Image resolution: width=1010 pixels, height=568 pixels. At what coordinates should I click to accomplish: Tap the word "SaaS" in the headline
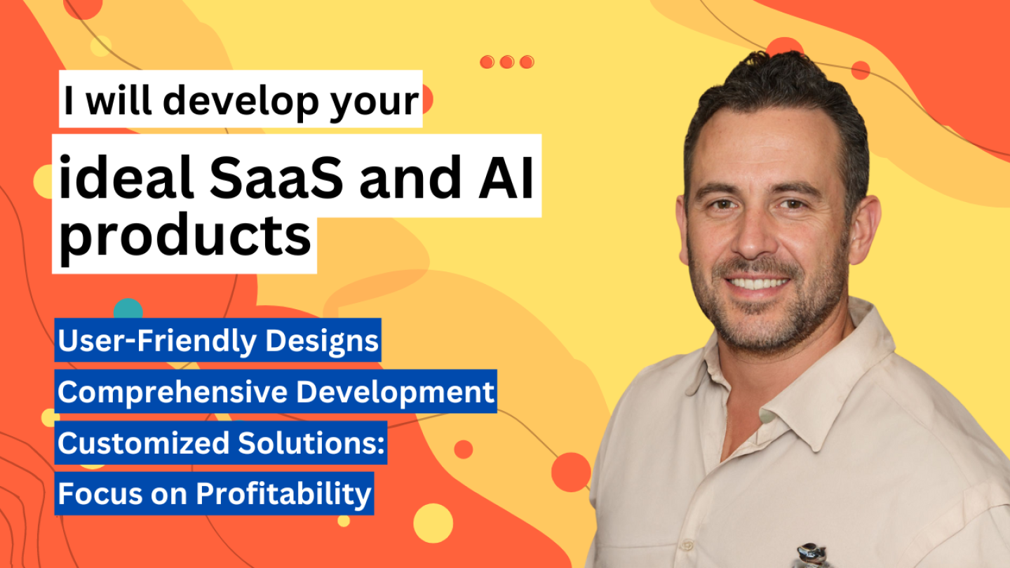pos(276,177)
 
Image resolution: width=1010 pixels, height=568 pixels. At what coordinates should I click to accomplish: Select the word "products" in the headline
pos(185,237)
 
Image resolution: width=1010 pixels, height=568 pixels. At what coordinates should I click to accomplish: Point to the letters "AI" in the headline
pos(506,177)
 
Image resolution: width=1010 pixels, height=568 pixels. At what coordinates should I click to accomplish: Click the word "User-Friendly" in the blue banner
pos(157,340)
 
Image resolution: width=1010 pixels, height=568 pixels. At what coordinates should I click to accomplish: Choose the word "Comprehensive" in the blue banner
pos(173,392)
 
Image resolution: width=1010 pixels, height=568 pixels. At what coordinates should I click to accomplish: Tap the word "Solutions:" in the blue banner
pos(311,442)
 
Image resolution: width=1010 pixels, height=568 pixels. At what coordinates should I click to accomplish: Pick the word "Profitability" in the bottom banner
pos(283,494)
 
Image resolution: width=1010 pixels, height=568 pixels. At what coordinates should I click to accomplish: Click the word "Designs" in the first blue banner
pos(321,340)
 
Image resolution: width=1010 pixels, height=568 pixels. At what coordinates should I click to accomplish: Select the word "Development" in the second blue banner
pos(395,392)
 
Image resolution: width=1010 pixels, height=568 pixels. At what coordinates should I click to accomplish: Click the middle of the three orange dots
pos(507,62)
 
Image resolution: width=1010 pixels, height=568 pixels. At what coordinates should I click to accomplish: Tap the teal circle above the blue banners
pos(128,309)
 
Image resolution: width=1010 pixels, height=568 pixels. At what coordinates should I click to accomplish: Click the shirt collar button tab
pos(769,415)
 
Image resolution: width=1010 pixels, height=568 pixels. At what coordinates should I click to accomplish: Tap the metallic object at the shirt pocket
pos(812,555)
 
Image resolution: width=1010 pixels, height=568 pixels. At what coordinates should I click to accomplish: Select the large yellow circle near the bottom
pos(433,523)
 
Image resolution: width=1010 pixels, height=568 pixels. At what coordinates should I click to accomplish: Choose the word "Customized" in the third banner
pos(144,442)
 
